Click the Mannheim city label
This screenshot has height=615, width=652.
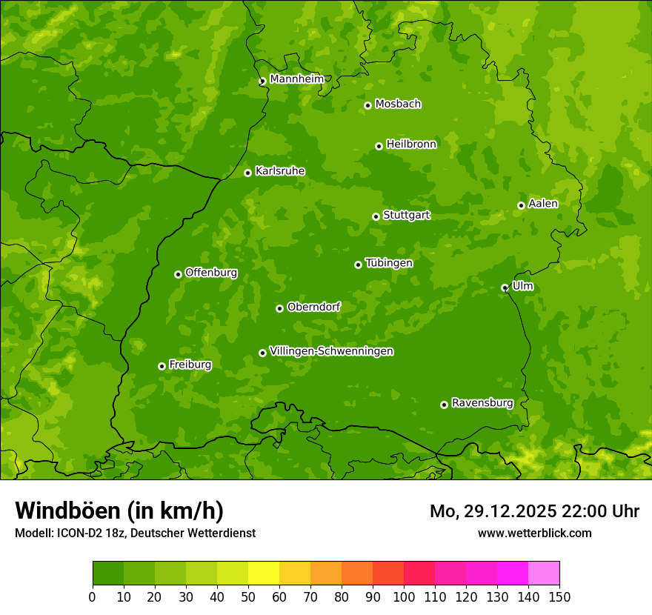(297, 79)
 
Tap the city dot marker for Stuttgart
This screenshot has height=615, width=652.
(376, 216)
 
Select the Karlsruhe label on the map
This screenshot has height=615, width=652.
(280, 171)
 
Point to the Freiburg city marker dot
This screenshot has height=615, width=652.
(162, 366)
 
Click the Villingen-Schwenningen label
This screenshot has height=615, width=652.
(332, 351)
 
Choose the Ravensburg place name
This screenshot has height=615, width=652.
(482, 403)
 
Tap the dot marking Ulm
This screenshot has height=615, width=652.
(505, 287)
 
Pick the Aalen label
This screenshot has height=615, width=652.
(543, 204)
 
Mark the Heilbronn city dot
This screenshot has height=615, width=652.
(379, 146)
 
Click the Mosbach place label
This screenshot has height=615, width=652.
(398, 104)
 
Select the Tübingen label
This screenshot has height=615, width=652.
(389, 263)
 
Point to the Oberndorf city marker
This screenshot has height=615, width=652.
(279, 308)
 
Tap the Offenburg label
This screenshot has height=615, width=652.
(211, 273)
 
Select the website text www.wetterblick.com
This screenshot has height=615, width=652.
(534, 533)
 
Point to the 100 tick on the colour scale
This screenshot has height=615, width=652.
(404, 596)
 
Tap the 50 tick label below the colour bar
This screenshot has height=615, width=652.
(248, 596)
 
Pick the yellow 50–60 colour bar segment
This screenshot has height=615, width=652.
(264, 574)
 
